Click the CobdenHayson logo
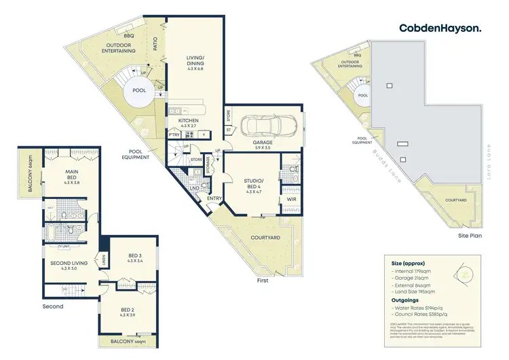click(440, 28)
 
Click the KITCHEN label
click(189, 120)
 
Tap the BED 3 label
click(134, 257)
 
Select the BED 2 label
click(128, 311)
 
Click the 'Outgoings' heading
click(404, 300)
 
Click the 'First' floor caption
click(263, 280)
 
